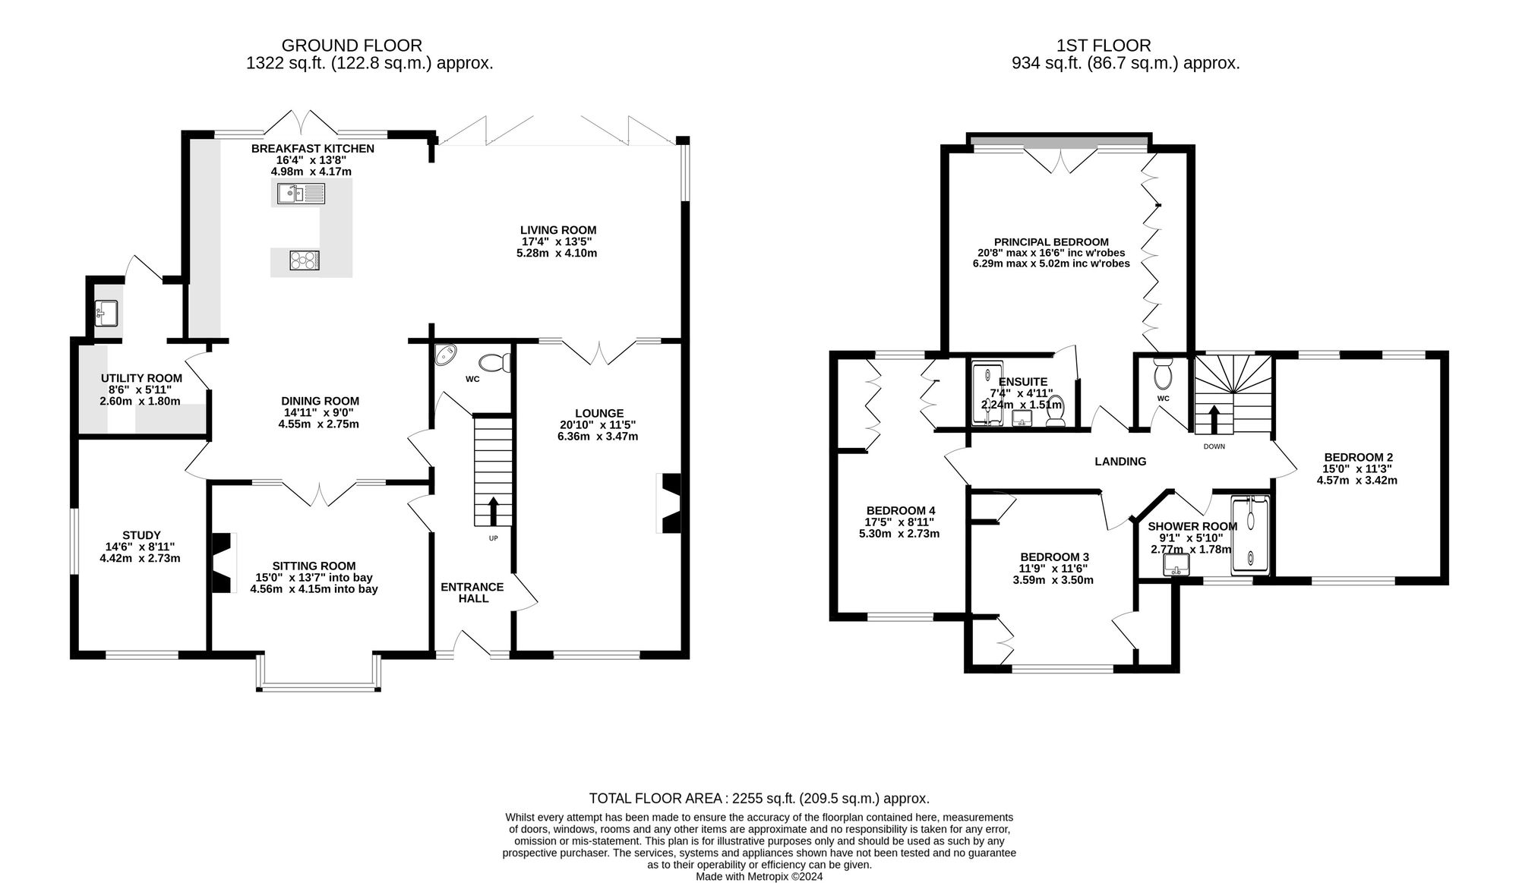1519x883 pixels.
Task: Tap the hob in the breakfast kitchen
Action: click(305, 260)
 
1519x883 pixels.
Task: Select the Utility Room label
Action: click(141, 378)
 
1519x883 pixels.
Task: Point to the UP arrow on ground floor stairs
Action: click(494, 510)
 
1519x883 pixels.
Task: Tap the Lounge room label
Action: click(598, 414)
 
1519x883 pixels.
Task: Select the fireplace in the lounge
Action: click(670, 504)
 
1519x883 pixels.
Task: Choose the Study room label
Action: click(141, 535)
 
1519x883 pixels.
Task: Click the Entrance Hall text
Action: click(472, 592)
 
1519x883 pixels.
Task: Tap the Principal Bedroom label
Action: click(1051, 242)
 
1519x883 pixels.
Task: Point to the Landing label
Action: click(1120, 461)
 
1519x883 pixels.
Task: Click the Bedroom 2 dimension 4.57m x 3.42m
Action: click(1357, 480)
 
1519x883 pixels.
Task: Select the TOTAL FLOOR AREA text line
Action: click(759, 798)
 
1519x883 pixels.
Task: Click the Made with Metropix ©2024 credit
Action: click(759, 876)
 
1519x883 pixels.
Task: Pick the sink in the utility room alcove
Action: click(106, 313)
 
